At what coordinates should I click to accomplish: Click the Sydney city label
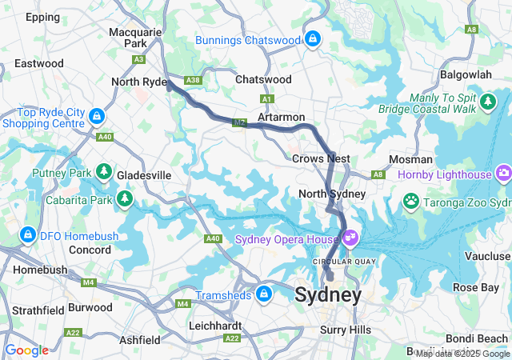(328, 295)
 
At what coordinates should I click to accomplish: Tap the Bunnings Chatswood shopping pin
(312, 38)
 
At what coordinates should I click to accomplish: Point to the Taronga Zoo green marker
(411, 200)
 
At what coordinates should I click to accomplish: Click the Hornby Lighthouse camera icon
(503, 172)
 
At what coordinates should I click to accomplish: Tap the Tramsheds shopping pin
(262, 294)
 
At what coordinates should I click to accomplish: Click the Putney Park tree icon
(103, 172)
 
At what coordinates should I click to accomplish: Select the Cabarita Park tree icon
(124, 198)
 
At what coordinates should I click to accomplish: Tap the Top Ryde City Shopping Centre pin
(97, 117)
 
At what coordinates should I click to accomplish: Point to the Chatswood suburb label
(263, 80)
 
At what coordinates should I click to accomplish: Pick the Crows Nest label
(321, 159)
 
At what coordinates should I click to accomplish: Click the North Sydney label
(331, 194)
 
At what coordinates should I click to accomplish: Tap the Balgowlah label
(466, 74)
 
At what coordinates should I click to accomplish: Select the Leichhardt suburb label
(215, 326)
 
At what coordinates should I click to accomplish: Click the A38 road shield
(192, 81)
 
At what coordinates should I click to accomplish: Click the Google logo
(26, 350)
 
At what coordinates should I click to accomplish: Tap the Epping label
(42, 16)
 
